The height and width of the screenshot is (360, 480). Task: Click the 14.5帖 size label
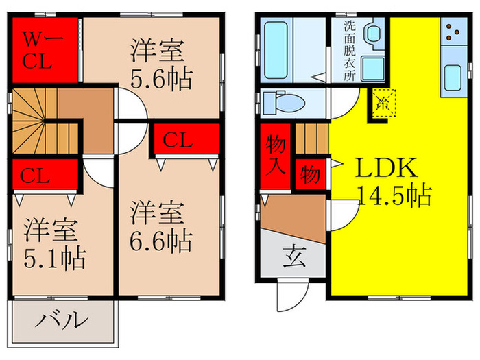394,197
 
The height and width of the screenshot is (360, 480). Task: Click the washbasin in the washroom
374,33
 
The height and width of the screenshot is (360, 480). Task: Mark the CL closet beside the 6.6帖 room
187,141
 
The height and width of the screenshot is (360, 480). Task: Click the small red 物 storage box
309,174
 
